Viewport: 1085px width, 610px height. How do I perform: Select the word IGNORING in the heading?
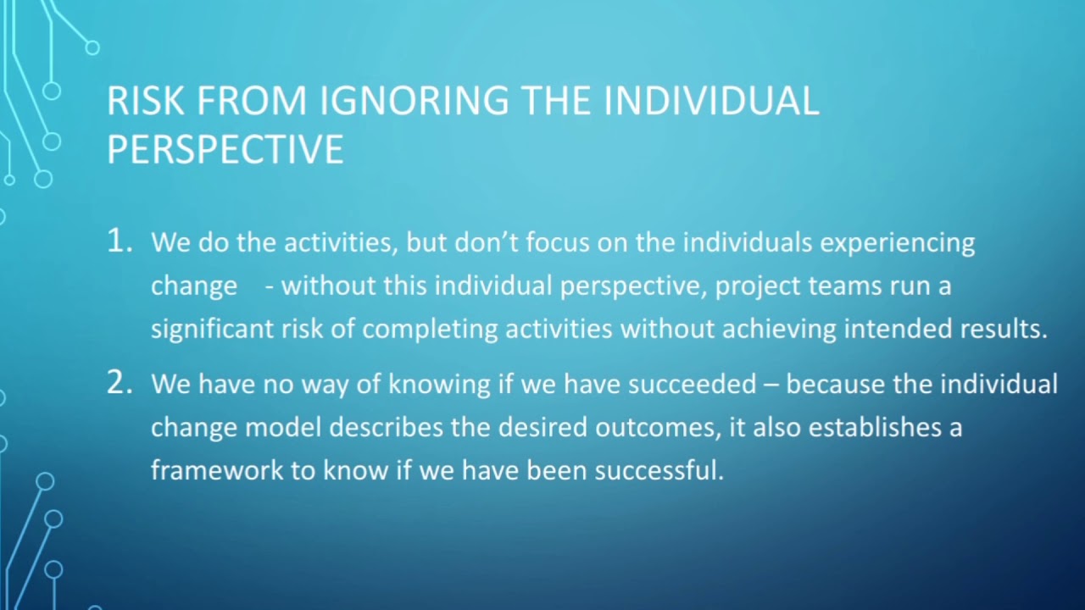414,102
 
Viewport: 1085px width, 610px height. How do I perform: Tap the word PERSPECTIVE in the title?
225,150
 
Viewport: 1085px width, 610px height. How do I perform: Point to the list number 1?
120,241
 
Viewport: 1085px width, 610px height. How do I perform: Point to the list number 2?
120,384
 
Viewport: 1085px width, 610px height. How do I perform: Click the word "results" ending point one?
1003,329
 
